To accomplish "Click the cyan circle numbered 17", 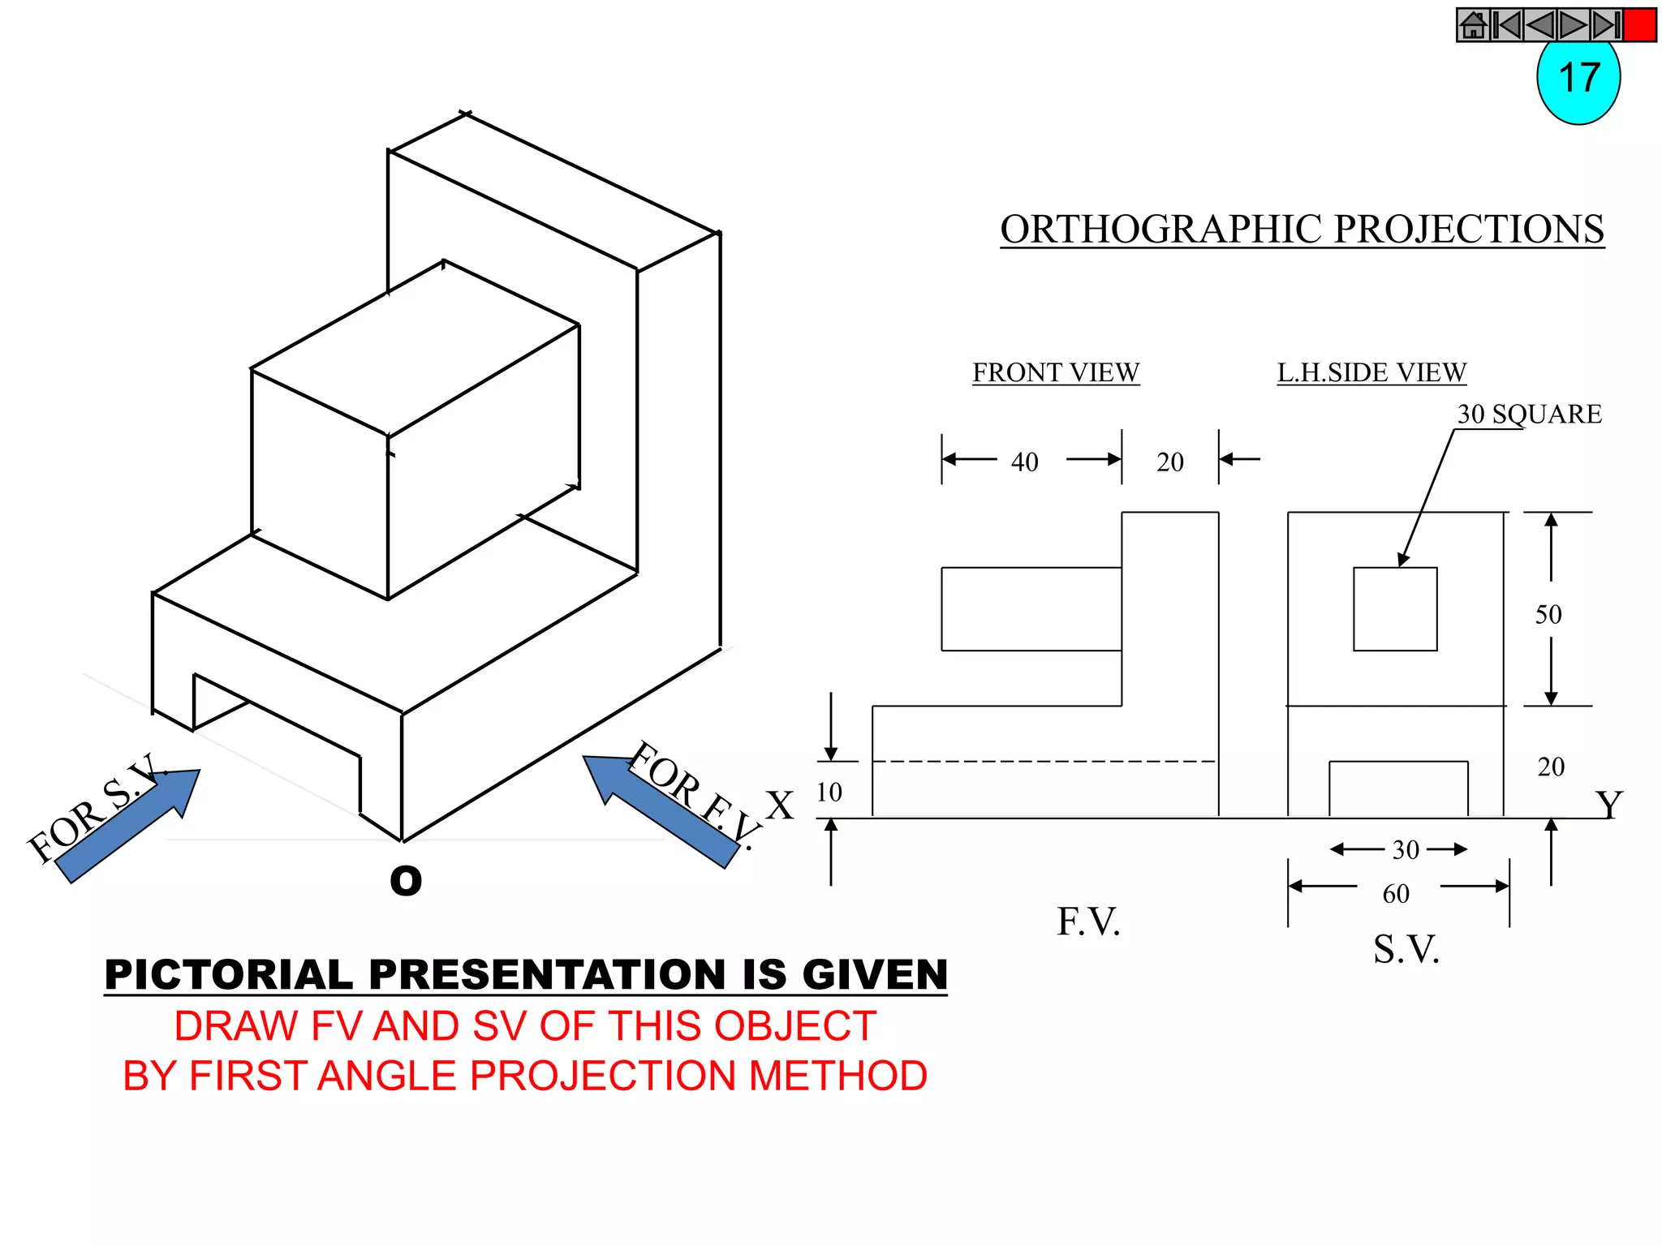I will (1578, 81).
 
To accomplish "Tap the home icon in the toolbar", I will (1473, 25).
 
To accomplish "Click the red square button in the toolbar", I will (1639, 25).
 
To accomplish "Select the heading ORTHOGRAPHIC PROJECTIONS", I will (1302, 230).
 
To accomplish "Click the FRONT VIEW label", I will (1056, 372).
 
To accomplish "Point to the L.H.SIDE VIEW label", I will (1371, 372).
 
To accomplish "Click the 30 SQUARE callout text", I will (1529, 414).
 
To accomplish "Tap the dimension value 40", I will (1024, 462).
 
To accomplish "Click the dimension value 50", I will (1548, 614).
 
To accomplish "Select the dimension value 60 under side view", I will (1396, 894).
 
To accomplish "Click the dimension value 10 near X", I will (829, 792).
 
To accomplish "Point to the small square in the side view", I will (1395, 608).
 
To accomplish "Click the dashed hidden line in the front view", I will (1044, 762).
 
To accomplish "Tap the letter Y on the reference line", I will (1608, 805).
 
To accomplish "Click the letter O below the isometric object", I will (406, 881).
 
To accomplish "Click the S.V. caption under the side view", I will (1406, 949).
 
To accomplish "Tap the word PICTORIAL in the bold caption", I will (229, 974).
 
